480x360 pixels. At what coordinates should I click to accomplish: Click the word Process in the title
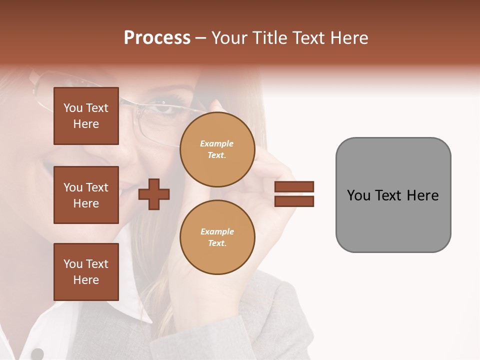coord(157,38)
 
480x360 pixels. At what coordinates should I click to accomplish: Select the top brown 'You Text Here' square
coord(86,116)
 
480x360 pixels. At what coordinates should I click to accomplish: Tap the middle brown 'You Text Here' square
coord(86,195)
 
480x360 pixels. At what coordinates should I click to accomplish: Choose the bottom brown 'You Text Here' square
coord(86,272)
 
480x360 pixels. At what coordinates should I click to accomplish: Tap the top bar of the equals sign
coord(294,187)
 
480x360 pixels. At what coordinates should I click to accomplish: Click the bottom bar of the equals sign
coord(294,201)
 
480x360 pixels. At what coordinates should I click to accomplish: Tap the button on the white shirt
coord(37,354)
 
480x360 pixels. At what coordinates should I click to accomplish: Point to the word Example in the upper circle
coord(217,144)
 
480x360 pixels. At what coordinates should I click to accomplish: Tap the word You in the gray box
coord(358,195)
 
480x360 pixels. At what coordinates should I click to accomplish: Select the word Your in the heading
coord(229,38)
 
